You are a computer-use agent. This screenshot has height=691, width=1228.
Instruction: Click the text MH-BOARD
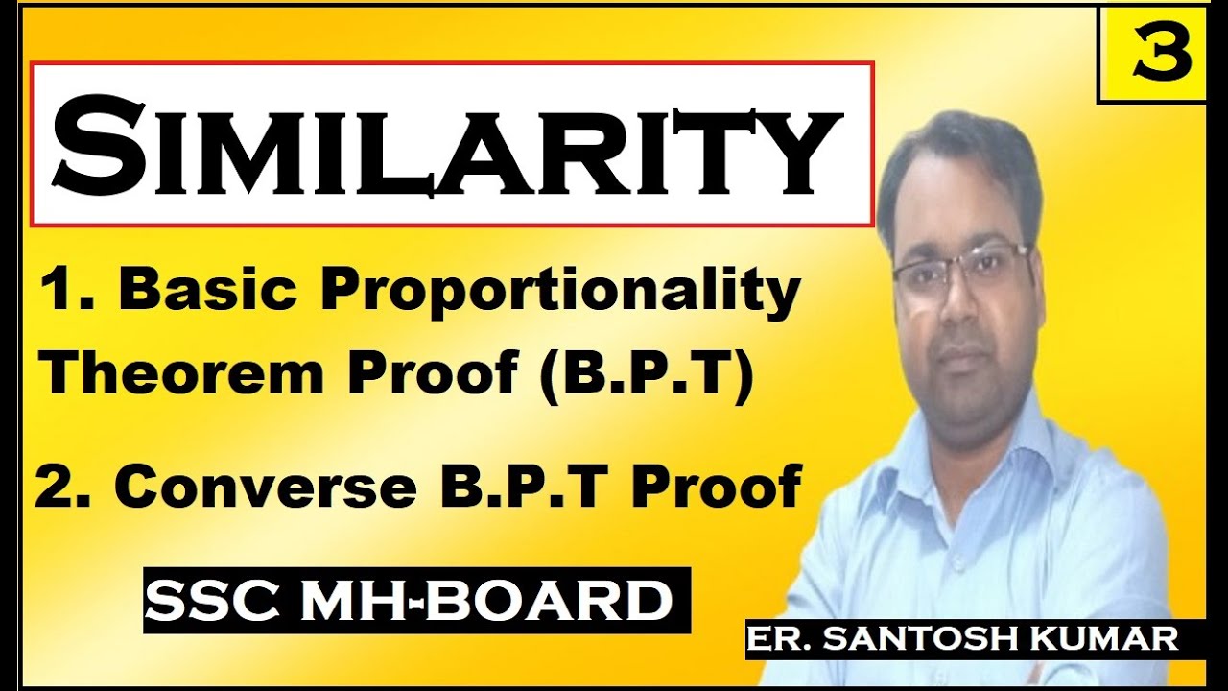[489, 602]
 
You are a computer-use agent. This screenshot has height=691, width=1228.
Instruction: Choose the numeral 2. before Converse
[63, 487]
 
